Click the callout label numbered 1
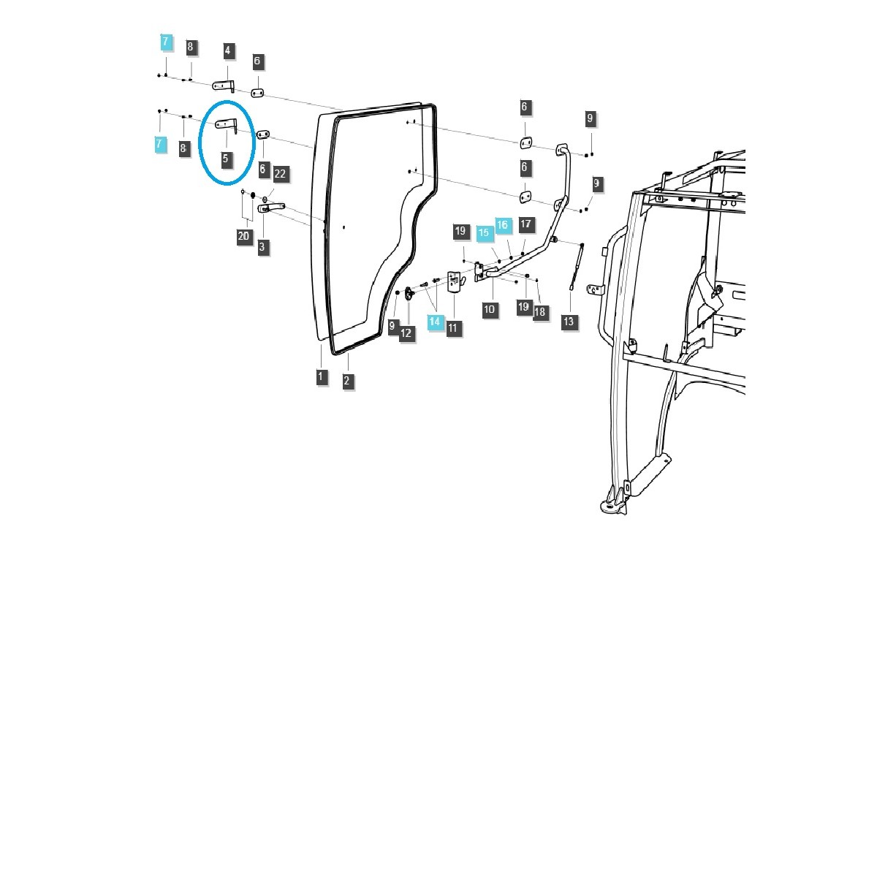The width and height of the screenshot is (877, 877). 321,377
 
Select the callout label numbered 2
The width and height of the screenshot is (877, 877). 346,380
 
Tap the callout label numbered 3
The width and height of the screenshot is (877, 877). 262,247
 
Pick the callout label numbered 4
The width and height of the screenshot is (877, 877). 227,50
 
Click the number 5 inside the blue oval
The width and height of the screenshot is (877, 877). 226,158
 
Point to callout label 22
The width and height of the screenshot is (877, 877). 280,174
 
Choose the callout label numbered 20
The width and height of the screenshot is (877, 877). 243,236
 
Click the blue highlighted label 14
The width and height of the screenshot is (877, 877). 435,321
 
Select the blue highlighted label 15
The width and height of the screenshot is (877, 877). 483,233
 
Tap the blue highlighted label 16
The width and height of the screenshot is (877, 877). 503,225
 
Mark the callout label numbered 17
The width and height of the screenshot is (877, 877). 526,224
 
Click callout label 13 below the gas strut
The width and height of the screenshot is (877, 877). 569,321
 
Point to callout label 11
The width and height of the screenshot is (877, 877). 452,327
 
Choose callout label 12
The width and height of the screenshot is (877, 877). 406,333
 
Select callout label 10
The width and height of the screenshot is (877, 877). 489,309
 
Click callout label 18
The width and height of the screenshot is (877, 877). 539,311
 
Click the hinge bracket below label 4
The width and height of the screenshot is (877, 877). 224,86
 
